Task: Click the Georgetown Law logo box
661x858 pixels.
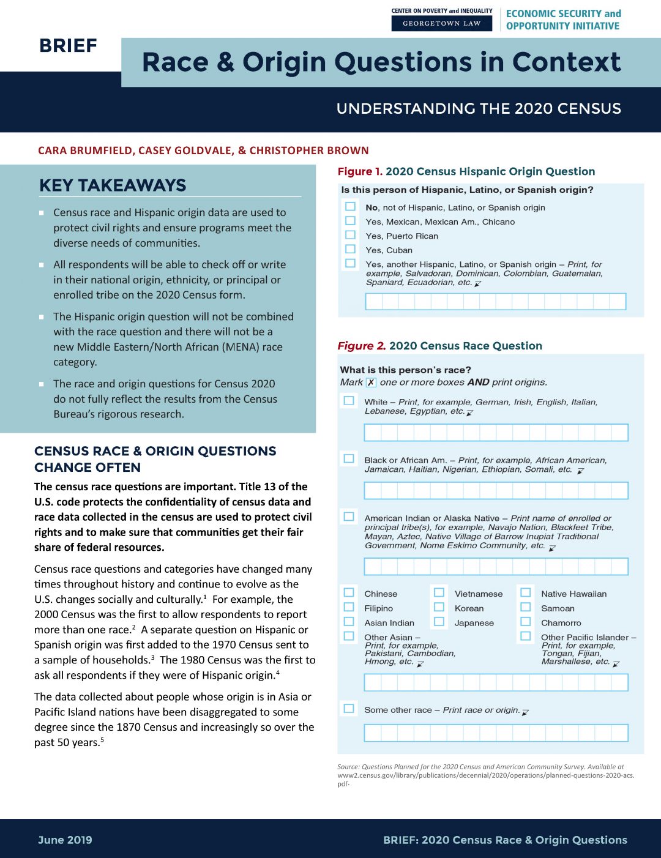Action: click(442, 23)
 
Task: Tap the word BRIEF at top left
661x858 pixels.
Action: click(68, 46)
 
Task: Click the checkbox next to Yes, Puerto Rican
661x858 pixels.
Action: click(350, 235)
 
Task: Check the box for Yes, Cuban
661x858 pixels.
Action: click(350, 249)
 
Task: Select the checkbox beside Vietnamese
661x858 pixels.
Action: click(439, 592)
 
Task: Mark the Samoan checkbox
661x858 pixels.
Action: click(525, 607)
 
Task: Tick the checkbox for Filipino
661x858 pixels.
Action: click(349, 607)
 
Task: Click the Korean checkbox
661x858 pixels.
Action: click(439, 607)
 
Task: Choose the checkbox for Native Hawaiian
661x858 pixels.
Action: click(525, 592)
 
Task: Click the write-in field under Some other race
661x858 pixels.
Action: click(496, 733)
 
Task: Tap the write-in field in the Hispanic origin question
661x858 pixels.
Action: click(495, 301)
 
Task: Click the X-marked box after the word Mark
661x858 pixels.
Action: click(371, 382)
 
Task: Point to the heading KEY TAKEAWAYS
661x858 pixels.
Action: click(113, 185)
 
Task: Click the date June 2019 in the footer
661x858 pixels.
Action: click(65, 840)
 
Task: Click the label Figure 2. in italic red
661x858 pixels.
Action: click(361, 346)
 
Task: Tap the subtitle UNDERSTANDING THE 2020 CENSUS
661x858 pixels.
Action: click(479, 109)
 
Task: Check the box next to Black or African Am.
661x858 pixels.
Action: click(349, 458)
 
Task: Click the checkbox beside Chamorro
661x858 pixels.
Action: click(525, 622)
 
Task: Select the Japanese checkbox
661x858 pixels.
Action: click(439, 622)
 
